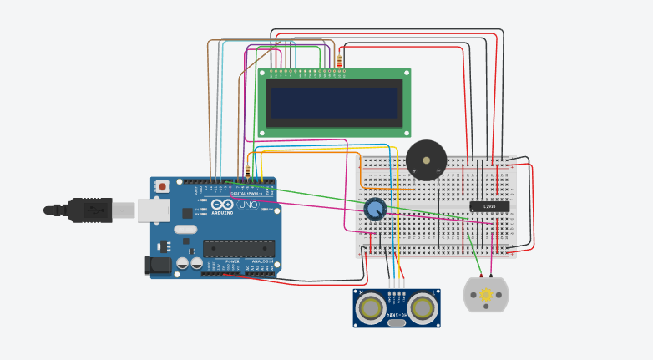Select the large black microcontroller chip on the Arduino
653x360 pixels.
point(239,247)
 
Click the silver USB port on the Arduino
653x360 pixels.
point(149,210)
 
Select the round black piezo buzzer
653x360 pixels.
point(426,160)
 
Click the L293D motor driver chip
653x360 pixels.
point(489,206)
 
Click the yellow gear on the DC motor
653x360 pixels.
point(485,295)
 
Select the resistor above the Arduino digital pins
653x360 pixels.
point(248,172)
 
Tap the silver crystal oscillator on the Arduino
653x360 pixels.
point(185,229)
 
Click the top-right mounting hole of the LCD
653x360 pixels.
point(405,74)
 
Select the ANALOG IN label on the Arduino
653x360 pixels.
point(261,261)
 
